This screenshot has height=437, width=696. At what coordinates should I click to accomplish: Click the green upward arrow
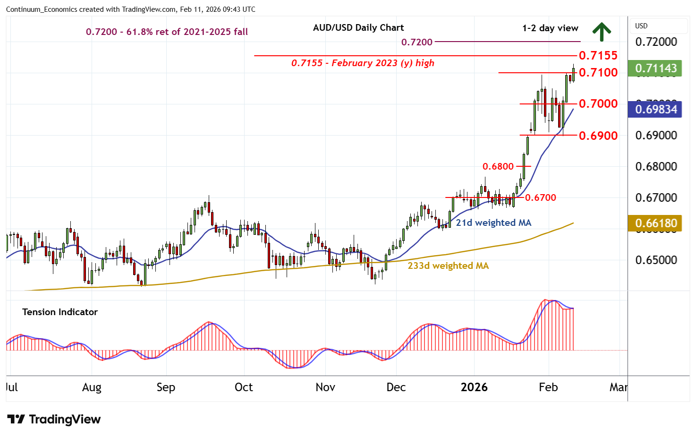click(x=602, y=32)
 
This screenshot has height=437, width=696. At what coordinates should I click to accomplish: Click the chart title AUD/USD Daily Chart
click(x=358, y=28)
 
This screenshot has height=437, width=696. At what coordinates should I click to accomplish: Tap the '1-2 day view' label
click(x=550, y=28)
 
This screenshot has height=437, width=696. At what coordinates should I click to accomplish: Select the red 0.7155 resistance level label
click(x=598, y=55)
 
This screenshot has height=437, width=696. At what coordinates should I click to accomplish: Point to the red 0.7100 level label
click(x=598, y=72)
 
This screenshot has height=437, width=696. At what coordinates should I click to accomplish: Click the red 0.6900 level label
click(x=598, y=136)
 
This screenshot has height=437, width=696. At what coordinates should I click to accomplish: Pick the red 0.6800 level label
click(x=498, y=166)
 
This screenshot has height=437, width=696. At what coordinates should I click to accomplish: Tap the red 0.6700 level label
click(x=540, y=197)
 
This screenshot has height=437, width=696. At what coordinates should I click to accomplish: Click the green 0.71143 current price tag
click(x=655, y=68)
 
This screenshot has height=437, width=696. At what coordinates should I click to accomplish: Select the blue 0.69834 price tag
click(x=655, y=110)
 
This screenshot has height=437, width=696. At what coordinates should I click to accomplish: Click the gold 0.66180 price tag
click(x=655, y=223)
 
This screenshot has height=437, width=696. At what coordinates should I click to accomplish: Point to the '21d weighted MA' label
click(x=493, y=223)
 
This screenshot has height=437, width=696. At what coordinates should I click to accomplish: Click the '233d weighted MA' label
click(x=448, y=266)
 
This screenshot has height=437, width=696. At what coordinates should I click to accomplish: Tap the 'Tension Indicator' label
click(x=60, y=312)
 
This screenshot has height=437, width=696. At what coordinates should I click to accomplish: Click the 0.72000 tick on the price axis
click(x=656, y=42)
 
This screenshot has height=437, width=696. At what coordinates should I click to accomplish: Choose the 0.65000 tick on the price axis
click(x=656, y=260)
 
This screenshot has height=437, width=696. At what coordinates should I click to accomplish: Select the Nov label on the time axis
click(x=325, y=387)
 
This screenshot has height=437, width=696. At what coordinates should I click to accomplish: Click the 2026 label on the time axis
click(x=474, y=387)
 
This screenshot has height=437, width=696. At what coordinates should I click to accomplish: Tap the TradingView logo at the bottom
click(x=54, y=420)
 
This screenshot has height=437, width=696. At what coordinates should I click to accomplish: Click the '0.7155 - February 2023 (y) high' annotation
click(x=363, y=63)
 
